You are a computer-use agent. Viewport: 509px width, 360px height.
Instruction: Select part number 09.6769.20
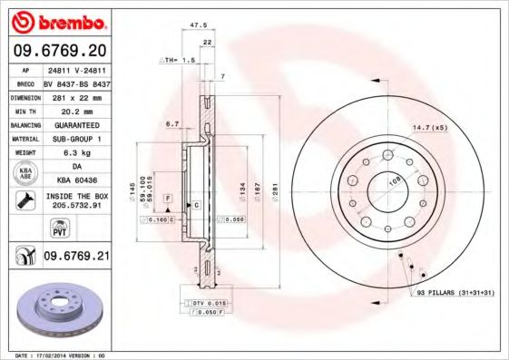(x=59, y=49)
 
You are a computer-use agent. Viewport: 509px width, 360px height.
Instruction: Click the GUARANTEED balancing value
(x=76, y=124)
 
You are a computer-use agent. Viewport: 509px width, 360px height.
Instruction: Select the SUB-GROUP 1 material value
(x=76, y=138)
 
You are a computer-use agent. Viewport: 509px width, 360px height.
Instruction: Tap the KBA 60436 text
(x=76, y=181)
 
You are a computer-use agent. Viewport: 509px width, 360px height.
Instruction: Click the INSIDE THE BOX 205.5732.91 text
(x=76, y=200)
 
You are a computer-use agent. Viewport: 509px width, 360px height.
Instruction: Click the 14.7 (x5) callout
(x=431, y=127)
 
